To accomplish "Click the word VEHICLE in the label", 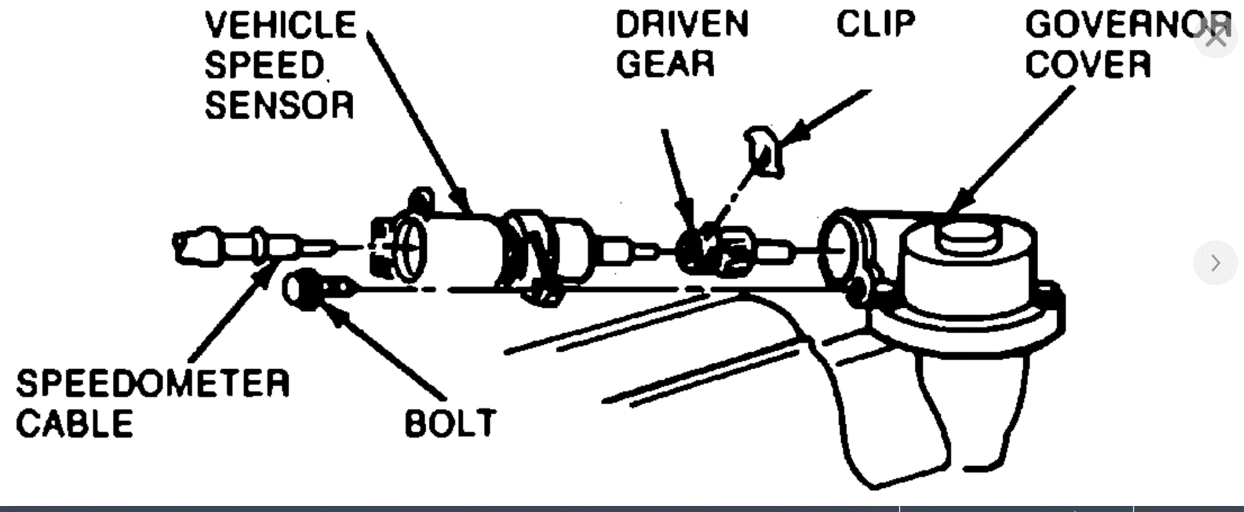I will [281, 26].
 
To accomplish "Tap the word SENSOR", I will [279, 106].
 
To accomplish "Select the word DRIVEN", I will [682, 25].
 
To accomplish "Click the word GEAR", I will [665, 64].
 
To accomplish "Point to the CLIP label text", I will [876, 25].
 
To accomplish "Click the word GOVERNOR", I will [1124, 25].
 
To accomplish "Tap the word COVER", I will [1088, 64].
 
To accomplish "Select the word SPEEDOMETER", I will [153, 384].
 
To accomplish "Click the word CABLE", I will [74, 424].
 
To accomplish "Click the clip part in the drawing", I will [765, 152].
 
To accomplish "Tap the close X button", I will [1215, 37].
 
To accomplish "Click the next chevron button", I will [1215, 263].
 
